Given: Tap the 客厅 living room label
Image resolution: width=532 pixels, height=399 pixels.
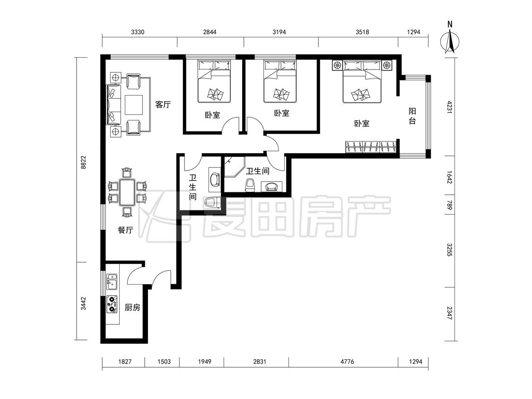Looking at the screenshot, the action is [163, 104].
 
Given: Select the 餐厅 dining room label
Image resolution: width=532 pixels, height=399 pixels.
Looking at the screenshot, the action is [125, 230].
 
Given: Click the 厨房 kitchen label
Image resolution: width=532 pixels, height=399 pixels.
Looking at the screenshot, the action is [132, 308].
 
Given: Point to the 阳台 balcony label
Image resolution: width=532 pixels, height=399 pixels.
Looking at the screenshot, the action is [412, 116].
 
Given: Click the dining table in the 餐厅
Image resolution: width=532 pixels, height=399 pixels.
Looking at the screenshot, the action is [127, 192].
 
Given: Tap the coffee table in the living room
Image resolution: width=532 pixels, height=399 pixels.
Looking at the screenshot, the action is [134, 105].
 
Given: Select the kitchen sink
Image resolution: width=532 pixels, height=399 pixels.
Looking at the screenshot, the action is [112, 282].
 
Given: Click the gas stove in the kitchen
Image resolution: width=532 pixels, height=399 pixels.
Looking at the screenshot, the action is [112, 304].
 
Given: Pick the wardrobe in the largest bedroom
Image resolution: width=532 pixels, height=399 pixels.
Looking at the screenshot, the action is [371, 147].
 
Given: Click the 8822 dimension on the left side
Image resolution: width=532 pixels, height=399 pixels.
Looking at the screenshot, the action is [83, 162].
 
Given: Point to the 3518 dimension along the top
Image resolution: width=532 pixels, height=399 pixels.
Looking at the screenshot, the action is [362, 32].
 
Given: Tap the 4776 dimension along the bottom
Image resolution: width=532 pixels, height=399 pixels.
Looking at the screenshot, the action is [347, 362].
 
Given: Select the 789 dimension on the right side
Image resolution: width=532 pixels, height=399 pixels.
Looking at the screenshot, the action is [450, 205].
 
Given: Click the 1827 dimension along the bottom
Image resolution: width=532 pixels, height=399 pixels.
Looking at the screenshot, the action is [125, 362].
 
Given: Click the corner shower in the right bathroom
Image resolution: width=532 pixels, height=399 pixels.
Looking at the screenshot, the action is [235, 167].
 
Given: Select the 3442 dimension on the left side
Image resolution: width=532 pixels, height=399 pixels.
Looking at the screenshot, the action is [83, 304].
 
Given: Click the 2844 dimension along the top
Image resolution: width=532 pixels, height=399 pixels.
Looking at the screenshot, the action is [209, 32].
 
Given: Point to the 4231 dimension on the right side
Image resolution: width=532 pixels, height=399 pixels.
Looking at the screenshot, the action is [450, 107].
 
